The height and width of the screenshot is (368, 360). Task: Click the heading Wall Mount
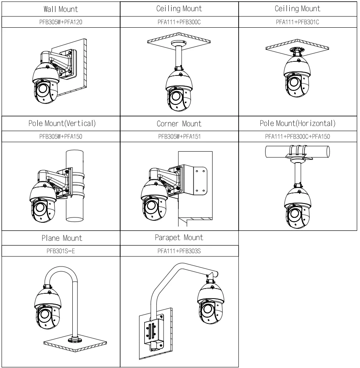tap(60, 9)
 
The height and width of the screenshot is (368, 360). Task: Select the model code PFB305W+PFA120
tap(60, 22)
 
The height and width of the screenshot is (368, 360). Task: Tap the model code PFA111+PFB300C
tap(179, 22)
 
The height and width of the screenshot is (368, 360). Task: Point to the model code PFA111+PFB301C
tap(298, 22)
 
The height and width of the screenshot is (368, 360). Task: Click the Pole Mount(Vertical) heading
tap(60, 123)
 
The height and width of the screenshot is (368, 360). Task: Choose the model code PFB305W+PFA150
tap(60, 137)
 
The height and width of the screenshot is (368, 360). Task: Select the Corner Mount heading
tap(179, 124)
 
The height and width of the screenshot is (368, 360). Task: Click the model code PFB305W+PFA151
tap(179, 137)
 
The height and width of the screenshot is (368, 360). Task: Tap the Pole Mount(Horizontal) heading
tap(298, 123)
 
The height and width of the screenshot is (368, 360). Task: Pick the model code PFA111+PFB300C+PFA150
tap(298, 137)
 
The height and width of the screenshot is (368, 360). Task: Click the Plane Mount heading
tap(62, 238)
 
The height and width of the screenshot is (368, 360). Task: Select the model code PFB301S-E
tap(60, 252)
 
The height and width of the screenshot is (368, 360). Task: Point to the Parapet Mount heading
tap(179, 238)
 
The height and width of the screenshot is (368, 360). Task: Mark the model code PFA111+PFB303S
tap(179, 252)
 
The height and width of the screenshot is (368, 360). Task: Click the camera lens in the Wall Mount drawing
tap(43, 89)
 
